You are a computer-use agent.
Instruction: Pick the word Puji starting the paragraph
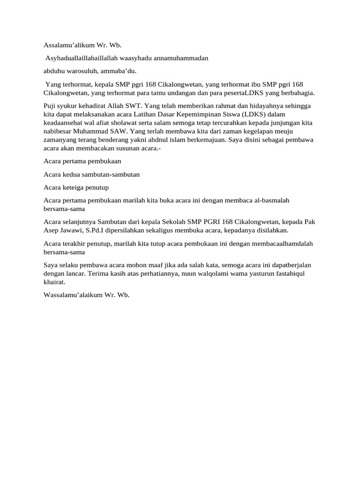point(49,106)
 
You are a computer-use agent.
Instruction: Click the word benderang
point(123,140)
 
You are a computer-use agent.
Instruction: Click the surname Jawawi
point(72,230)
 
